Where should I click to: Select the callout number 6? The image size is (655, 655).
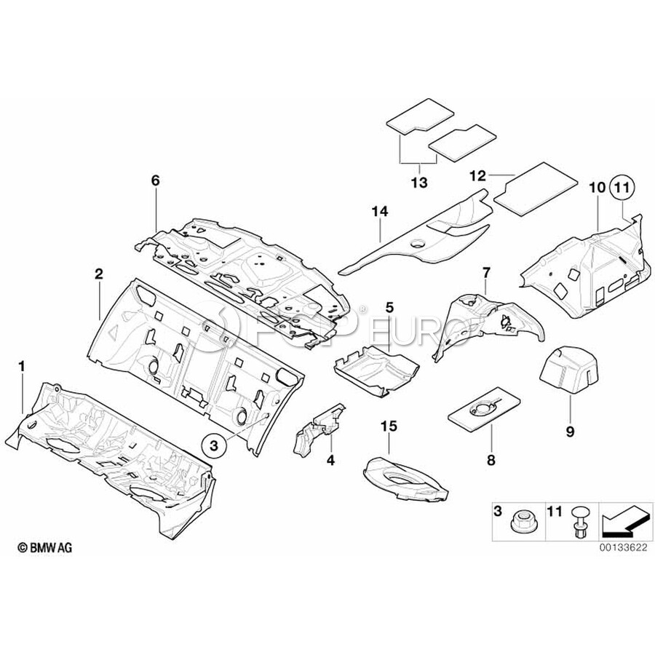154,180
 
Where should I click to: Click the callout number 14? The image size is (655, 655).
380,212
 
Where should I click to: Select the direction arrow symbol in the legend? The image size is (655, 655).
624,521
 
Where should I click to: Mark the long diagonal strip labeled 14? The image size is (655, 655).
415,234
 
